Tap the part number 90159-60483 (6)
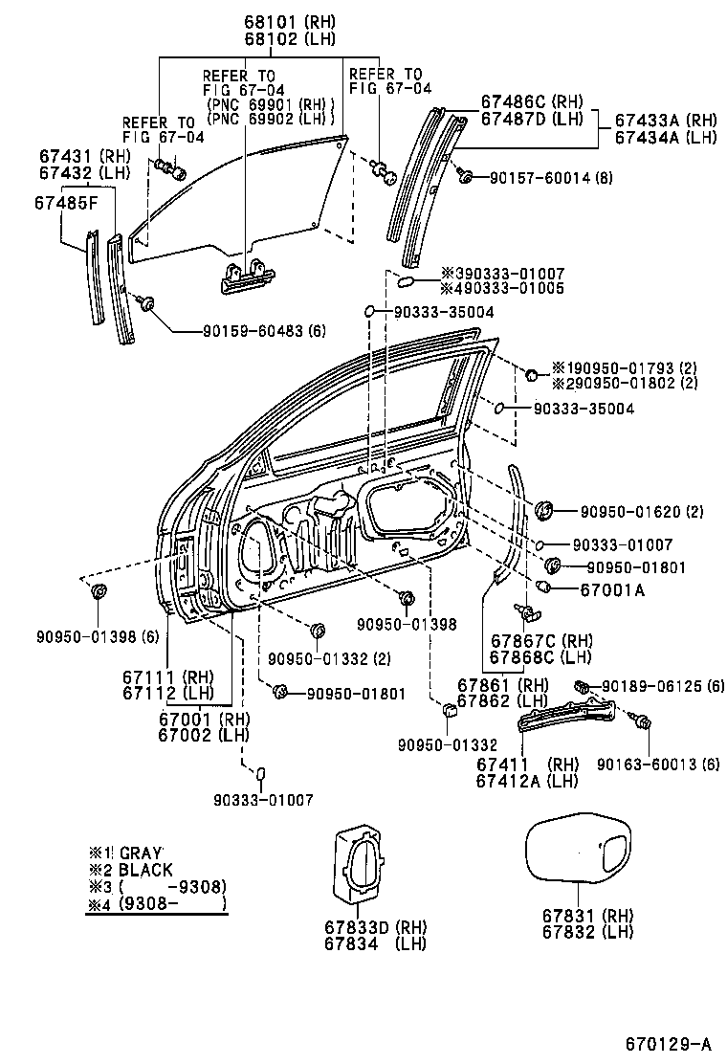264,331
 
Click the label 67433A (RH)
665,121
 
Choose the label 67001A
612,589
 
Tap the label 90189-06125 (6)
663,686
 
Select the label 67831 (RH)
587,917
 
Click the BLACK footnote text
145,870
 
